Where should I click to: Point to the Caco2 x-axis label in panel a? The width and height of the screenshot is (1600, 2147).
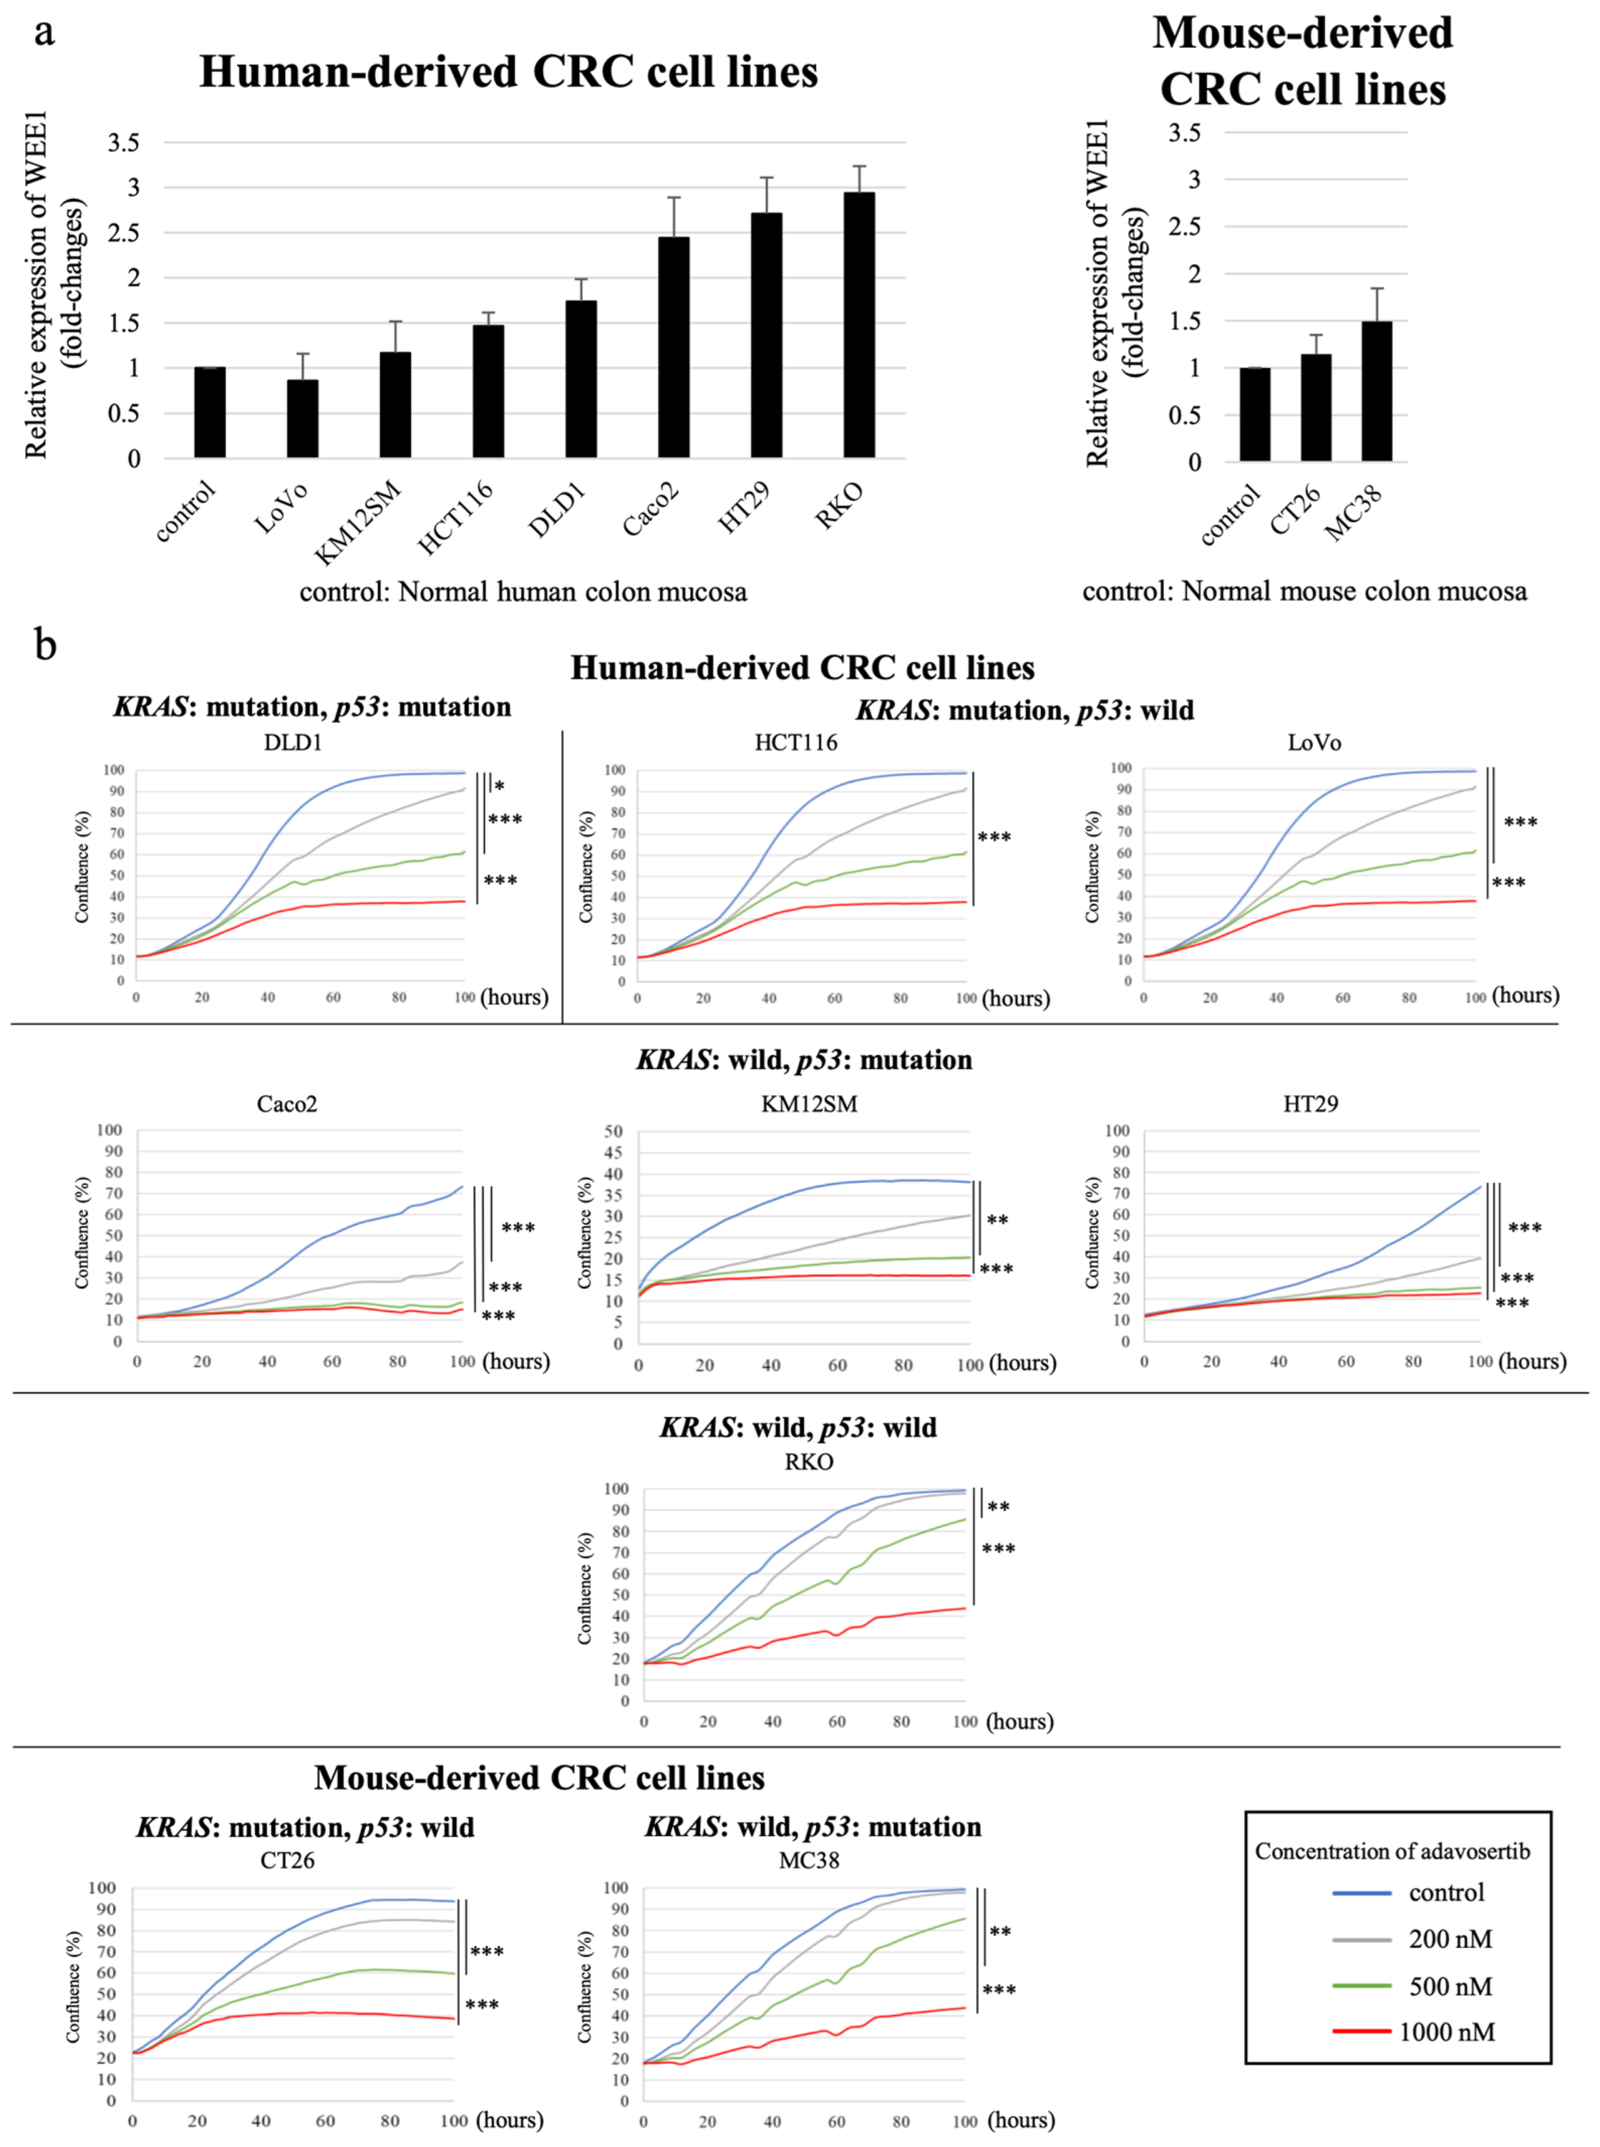tap(651, 509)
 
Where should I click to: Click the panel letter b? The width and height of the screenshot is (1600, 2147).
tap(45, 644)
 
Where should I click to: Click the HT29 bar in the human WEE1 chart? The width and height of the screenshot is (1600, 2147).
tap(766, 334)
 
